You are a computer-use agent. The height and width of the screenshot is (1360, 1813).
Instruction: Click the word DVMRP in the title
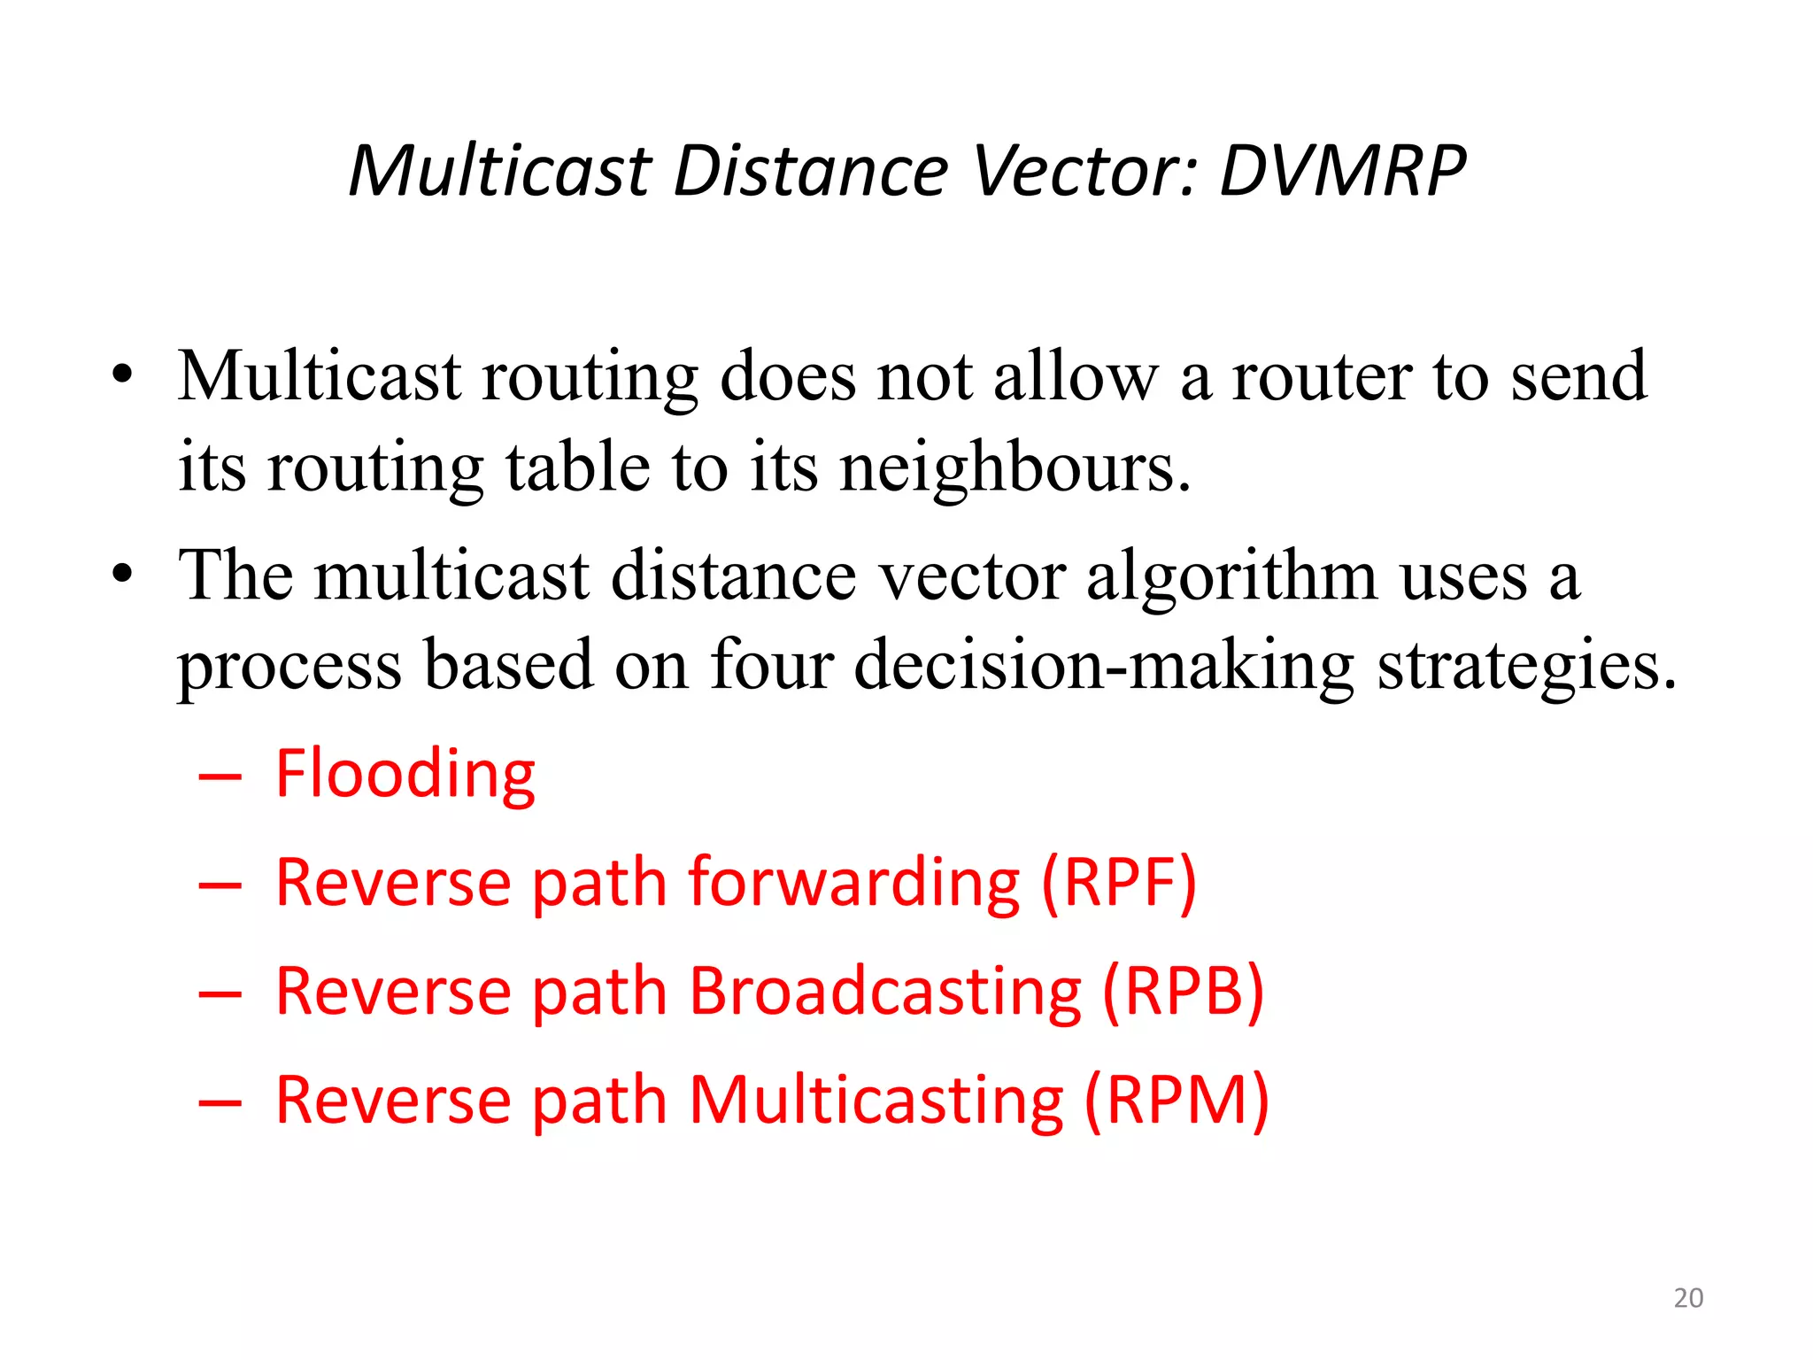pyautogui.click(x=1342, y=170)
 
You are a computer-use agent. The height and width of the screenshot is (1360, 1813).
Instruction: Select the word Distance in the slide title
pyautogui.click(x=810, y=170)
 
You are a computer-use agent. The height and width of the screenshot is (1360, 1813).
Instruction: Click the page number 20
pyautogui.click(x=1688, y=1298)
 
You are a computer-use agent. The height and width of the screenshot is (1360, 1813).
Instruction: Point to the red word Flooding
pyautogui.click(x=405, y=774)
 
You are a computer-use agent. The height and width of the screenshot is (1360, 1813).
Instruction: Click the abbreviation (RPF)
pyautogui.click(x=1118, y=883)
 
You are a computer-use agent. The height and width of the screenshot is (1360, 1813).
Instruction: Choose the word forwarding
pyautogui.click(x=854, y=883)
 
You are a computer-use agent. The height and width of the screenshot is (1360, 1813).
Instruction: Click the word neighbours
pyautogui.click(x=1015, y=467)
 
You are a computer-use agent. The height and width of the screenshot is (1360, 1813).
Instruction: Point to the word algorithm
pyautogui.click(x=1231, y=576)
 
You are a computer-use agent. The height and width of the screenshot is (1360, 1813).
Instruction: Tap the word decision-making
pyautogui.click(x=1103, y=666)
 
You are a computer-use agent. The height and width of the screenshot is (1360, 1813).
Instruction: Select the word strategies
pyautogui.click(x=1526, y=666)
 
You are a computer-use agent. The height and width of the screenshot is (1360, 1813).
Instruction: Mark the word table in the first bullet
pyautogui.click(x=577, y=466)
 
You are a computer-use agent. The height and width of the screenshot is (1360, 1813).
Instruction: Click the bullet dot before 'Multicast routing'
pyautogui.click(x=122, y=375)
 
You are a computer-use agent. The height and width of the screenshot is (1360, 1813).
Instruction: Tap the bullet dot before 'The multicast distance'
pyautogui.click(x=122, y=574)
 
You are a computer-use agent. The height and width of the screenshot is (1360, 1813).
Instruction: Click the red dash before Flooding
pyautogui.click(x=220, y=777)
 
